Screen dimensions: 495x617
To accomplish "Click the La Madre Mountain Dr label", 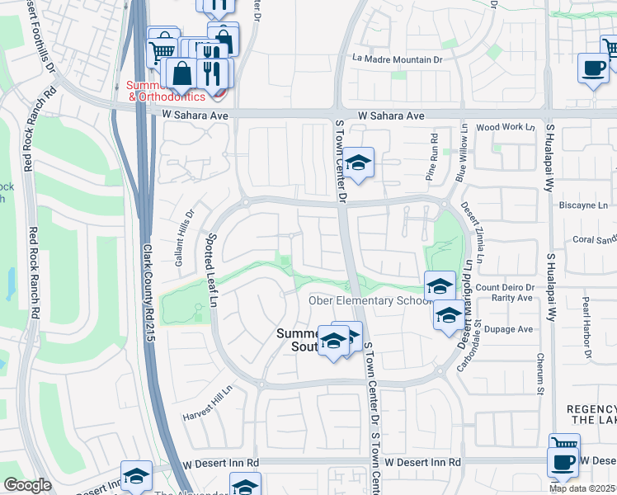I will (398, 59).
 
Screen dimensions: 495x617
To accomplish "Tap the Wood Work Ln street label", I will (506, 127).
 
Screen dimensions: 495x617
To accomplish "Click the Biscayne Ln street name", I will (583, 205).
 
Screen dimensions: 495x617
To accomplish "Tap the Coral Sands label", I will (595, 240).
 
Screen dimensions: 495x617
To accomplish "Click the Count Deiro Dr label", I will (505, 287).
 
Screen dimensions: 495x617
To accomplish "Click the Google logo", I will (27, 485).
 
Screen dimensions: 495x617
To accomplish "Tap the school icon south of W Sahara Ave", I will (359, 164).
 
